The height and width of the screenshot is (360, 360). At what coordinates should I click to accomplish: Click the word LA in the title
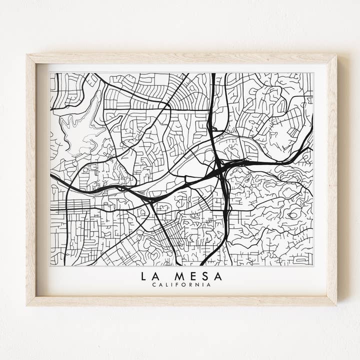click(x=149, y=276)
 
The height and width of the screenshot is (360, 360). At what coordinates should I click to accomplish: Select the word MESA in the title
click(x=198, y=276)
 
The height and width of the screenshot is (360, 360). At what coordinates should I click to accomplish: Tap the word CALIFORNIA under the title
click(x=181, y=285)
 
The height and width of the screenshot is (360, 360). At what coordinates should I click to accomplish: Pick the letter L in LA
click(x=144, y=276)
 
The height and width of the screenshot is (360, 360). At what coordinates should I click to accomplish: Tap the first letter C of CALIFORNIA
click(x=154, y=285)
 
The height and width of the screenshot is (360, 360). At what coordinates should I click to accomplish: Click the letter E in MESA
click(x=193, y=276)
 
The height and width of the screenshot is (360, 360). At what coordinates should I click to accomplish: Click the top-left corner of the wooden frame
click(x=27, y=55)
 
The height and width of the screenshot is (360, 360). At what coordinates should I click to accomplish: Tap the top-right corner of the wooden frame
click(x=336, y=55)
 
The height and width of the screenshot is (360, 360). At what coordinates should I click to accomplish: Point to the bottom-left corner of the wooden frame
click(x=27, y=305)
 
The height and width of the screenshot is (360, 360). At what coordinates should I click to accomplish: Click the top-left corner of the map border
click(x=50, y=73)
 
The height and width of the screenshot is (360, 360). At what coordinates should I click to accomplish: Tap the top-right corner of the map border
click(x=313, y=73)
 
